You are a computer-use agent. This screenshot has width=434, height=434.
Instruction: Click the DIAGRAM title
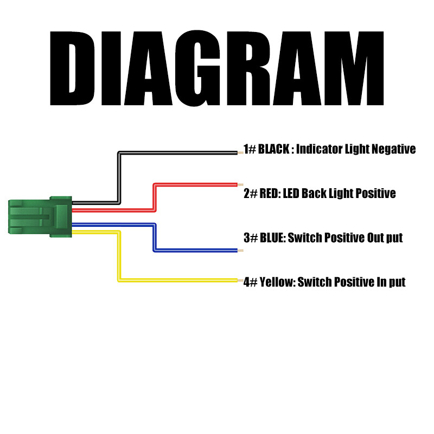216,68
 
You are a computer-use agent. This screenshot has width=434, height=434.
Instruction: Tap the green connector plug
40,216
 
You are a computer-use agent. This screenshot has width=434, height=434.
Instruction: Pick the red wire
155,197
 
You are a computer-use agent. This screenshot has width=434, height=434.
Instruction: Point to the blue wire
155,238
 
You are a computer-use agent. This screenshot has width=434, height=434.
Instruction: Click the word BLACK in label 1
273,149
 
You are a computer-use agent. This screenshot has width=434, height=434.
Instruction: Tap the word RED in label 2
270,193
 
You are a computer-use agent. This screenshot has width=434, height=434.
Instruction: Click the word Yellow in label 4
278,282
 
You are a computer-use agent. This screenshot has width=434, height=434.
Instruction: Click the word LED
291,193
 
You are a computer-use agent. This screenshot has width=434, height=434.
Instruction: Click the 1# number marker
250,149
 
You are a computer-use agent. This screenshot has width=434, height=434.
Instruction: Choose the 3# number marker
251,238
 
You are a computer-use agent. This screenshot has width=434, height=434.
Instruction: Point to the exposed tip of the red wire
240,184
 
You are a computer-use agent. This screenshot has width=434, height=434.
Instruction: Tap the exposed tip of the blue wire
240,251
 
